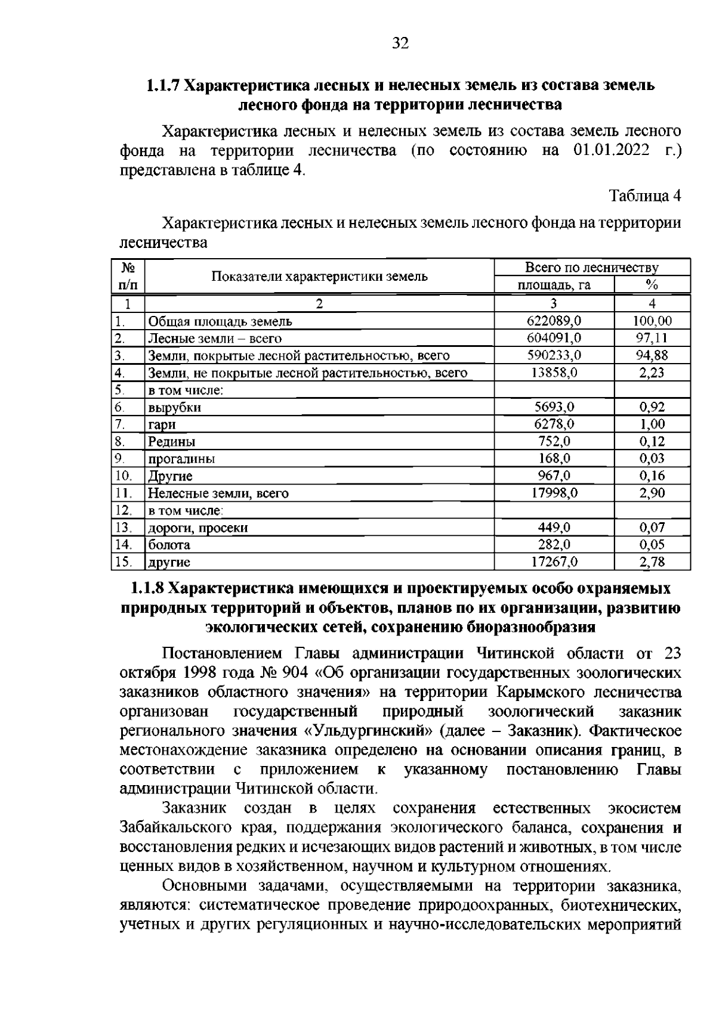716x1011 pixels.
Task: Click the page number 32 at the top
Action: point(400,43)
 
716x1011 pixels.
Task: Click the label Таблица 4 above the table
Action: point(644,196)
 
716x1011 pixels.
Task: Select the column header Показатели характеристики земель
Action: point(320,277)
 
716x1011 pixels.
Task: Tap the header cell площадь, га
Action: point(553,285)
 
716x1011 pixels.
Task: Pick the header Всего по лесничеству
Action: point(591,268)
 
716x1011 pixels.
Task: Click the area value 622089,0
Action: point(553,321)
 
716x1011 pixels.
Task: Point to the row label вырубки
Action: point(174,408)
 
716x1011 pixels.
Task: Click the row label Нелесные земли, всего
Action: point(218,494)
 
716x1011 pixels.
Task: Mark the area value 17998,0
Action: point(553,493)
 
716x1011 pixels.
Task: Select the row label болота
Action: point(169,545)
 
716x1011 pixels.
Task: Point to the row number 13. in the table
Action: point(123,528)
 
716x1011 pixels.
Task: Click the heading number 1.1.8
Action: point(147,588)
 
